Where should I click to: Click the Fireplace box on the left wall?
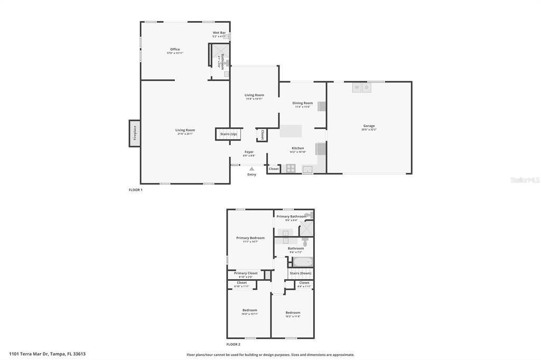135,133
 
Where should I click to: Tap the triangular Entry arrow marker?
251,169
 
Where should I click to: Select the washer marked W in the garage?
357,88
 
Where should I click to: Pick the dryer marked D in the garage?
366,88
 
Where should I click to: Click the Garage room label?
369,126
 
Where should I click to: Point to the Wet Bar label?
219,33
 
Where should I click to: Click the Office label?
175,50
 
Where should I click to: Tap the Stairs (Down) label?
300,273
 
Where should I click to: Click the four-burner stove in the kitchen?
290,168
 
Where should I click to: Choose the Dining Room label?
303,103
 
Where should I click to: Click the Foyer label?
249,152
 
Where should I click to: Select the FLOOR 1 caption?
136,190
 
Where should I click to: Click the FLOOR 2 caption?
235,344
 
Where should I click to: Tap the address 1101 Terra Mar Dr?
47,354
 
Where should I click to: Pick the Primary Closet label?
246,273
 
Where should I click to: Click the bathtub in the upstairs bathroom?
302,262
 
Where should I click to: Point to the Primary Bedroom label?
250,238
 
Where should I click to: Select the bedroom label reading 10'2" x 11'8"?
293,313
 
